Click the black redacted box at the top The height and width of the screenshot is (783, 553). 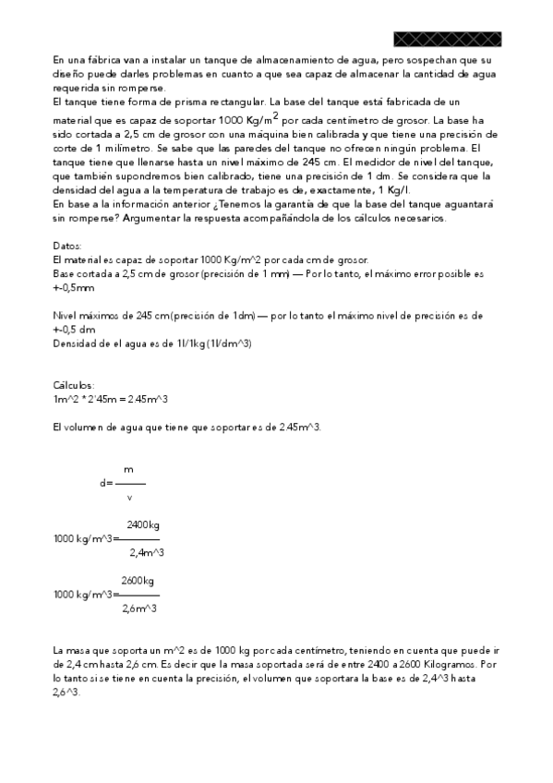click(447, 39)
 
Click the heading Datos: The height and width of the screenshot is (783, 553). click(68, 247)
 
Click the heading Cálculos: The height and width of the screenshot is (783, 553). click(74, 385)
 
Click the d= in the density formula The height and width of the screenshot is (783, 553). click(107, 483)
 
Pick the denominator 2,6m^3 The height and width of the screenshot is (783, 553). click(138, 608)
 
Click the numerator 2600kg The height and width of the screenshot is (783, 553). click(138, 580)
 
